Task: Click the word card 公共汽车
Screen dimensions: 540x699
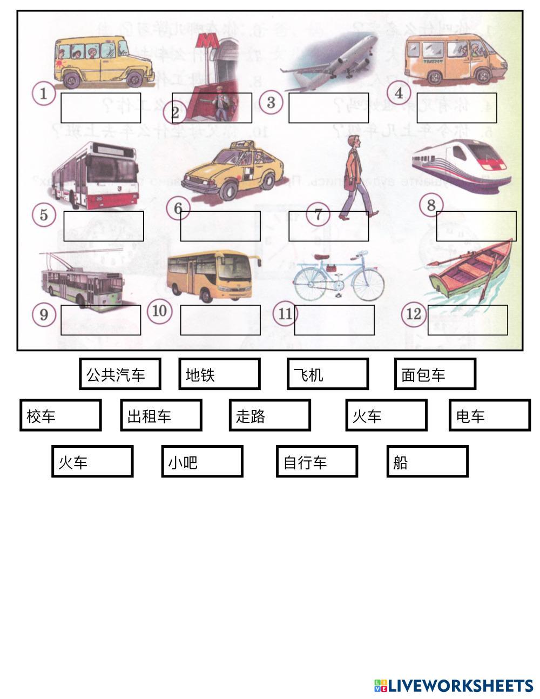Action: click(120, 374)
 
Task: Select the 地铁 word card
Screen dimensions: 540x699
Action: click(219, 374)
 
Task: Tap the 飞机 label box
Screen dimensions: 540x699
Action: click(327, 374)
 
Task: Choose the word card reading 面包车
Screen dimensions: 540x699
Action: click(435, 374)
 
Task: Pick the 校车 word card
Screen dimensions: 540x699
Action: click(60, 415)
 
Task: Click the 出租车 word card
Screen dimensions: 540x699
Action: click(161, 415)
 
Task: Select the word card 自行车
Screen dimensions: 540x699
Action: click(316, 461)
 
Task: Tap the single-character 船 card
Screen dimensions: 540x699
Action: click(427, 461)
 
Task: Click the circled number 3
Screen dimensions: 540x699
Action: click(271, 102)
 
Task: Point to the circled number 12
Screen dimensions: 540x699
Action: click(414, 313)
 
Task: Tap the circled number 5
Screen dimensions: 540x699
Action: click(44, 214)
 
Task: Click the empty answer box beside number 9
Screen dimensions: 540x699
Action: click(100, 320)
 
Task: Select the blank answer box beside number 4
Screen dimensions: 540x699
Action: click(456, 108)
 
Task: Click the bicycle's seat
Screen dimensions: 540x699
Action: click(329, 263)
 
